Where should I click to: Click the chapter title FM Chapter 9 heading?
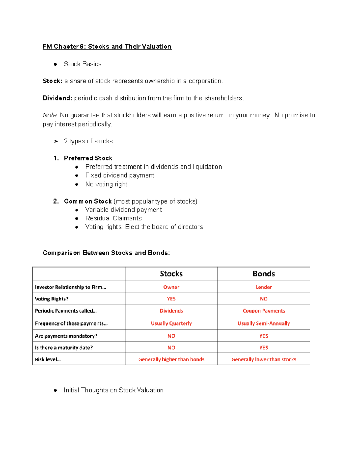pos(107,47)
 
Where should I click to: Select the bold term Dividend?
pos(57,98)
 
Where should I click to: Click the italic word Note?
pos(50,115)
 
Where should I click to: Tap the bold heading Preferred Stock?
pos(88,158)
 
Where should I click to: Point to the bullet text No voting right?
pos(106,184)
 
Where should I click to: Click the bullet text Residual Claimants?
pos(113,218)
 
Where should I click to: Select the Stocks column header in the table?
pos(171,274)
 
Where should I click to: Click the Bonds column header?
pos(263,274)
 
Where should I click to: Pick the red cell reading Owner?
pos(171,287)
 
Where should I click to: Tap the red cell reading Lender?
pos(263,287)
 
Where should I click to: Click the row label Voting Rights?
pos(51,299)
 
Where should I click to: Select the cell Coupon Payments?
pos(263,311)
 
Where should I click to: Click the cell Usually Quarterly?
pos(171,323)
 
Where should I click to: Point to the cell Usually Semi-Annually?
pos(263,323)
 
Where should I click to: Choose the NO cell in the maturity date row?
pos(171,348)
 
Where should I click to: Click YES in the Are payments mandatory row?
pos(263,336)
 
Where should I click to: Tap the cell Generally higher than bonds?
pos(171,359)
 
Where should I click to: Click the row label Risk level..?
pos(48,359)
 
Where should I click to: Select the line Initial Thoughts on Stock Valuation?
pos(113,390)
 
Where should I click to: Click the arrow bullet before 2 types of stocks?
pos(56,141)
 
